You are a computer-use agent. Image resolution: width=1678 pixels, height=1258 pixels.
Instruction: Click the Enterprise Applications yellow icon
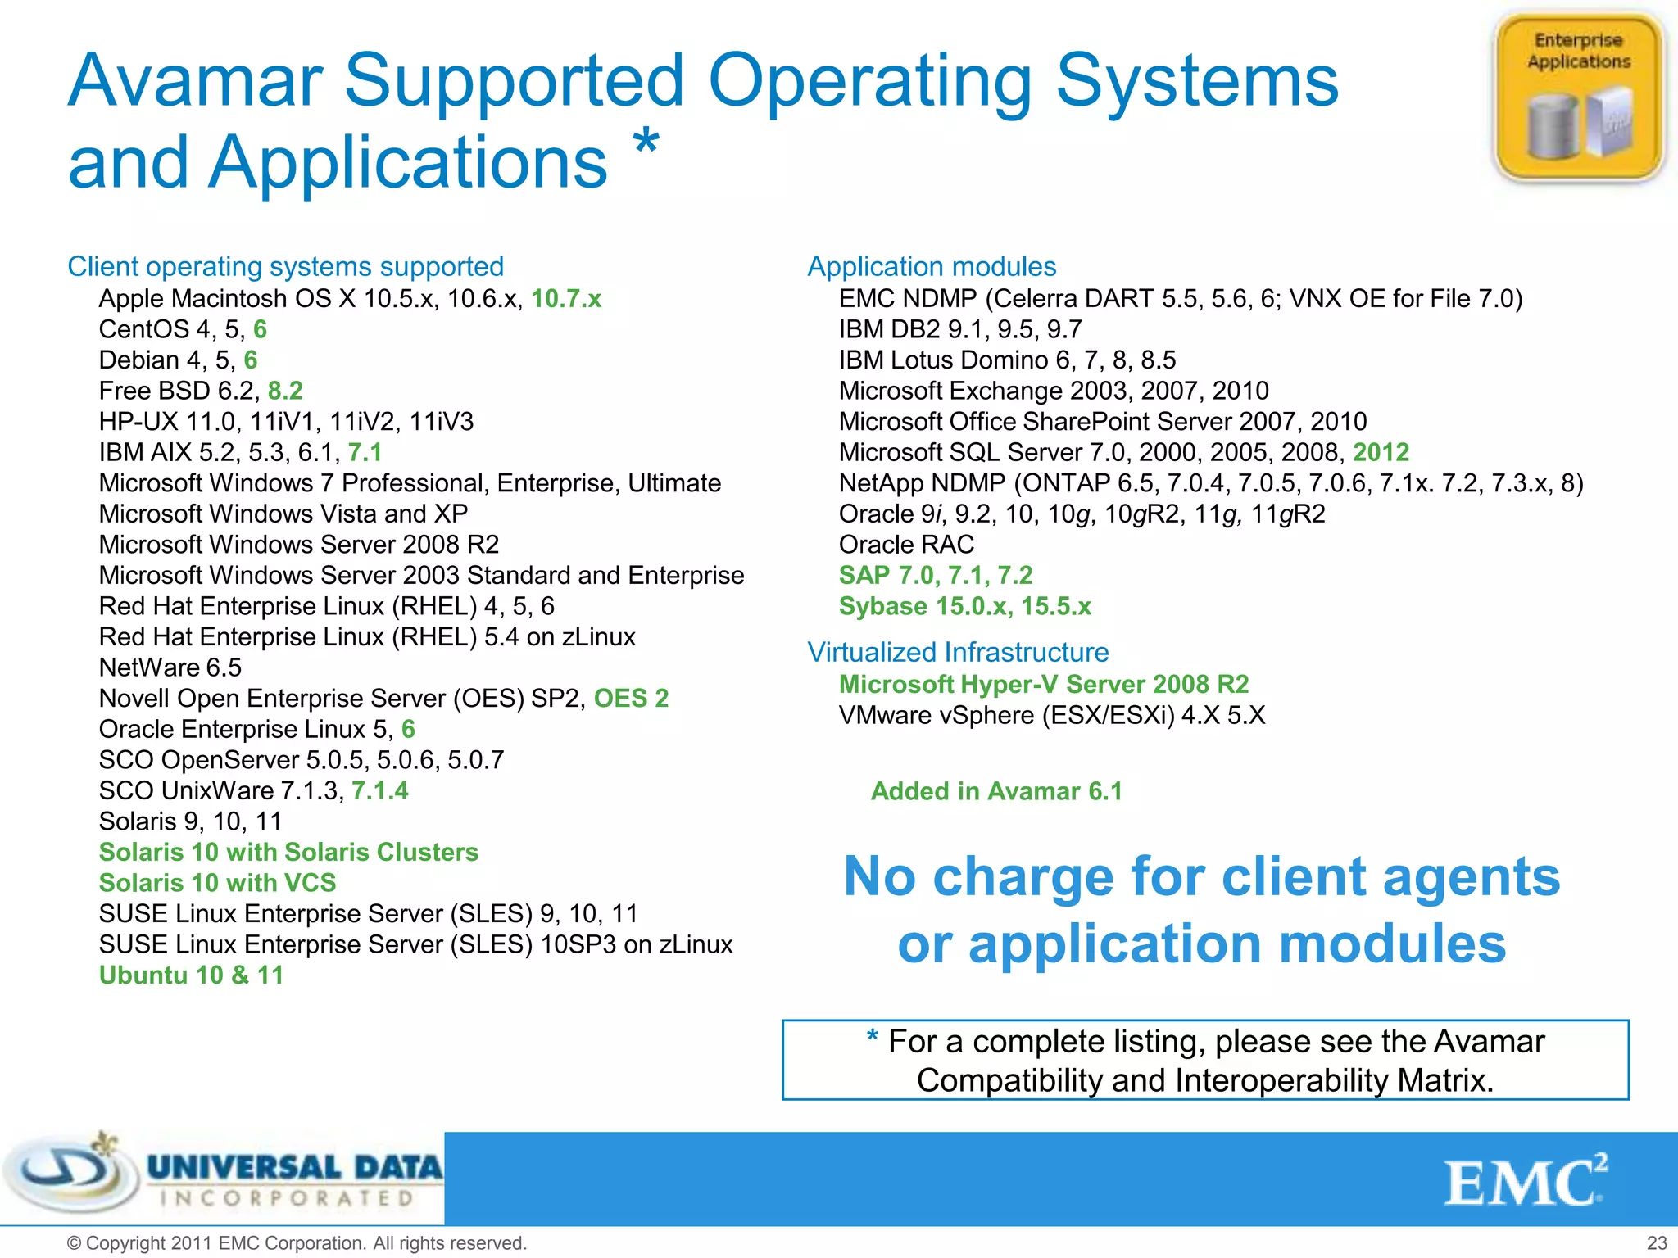click(1578, 97)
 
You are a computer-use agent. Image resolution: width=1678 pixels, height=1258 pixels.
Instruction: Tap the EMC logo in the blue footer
click(1525, 1181)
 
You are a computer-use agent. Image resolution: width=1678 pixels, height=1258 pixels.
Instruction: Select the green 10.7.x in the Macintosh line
click(566, 299)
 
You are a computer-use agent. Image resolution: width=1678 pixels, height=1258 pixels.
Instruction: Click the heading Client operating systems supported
click(285, 266)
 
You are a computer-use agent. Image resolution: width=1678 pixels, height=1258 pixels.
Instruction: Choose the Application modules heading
click(932, 266)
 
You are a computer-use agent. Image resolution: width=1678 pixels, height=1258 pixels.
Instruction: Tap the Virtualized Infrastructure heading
click(958, 652)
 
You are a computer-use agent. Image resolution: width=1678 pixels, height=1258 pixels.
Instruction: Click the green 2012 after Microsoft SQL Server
click(1381, 452)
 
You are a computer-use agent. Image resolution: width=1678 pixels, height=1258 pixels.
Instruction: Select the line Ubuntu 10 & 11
click(191, 975)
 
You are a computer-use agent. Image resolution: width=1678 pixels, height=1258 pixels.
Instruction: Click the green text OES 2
click(631, 698)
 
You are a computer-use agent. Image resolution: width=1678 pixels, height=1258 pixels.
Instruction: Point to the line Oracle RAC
click(906, 545)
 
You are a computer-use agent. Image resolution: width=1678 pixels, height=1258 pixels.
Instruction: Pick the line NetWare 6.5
click(170, 667)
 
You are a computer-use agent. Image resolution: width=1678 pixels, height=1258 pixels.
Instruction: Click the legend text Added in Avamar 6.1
click(996, 791)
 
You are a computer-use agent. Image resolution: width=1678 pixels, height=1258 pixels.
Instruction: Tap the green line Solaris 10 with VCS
click(217, 883)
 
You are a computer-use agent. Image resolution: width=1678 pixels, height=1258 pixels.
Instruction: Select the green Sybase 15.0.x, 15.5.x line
click(964, 606)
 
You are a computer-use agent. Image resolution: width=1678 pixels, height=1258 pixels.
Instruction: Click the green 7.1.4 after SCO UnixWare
click(379, 790)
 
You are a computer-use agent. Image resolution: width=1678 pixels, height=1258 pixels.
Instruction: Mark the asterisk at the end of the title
click(646, 141)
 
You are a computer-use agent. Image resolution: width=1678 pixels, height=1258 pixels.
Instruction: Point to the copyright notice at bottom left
click(296, 1242)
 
